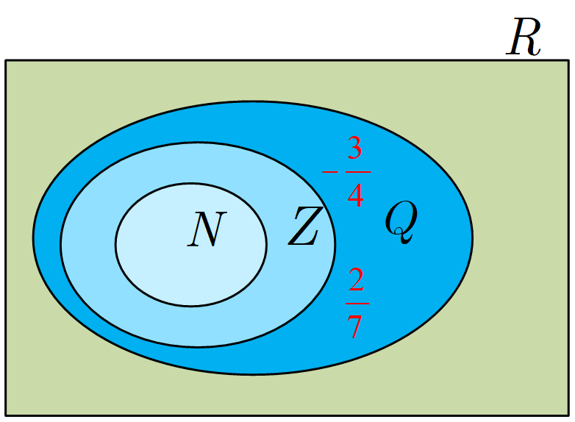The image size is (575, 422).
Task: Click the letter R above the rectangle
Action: pos(524,37)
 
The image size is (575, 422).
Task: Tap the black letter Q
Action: pos(401,222)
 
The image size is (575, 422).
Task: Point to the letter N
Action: pos(207,229)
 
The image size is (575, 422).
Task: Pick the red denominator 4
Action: pos(355,195)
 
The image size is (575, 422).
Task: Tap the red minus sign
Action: pos(330,171)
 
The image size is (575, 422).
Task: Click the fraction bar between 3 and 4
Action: pos(358,171)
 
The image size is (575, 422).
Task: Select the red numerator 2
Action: pos(356,279)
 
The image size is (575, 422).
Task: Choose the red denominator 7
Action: pos(355,326)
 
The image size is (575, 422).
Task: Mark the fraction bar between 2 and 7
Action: pos(357,304)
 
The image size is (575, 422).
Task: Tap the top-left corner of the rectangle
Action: pos(6,60)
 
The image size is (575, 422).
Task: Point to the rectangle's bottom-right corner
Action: pos(569,415)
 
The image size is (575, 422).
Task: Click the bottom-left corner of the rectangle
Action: pos(6,415)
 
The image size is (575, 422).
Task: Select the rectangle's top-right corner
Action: pos(569,60)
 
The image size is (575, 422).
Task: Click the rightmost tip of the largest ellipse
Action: pos(472,237)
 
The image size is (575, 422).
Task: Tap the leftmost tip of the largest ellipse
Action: pos(34,237)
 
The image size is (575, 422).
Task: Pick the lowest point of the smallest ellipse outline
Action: pos(191,305)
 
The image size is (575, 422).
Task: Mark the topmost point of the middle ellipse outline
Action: pos(197,143)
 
